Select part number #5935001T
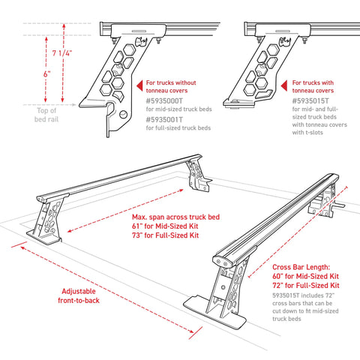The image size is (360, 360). coord(168,118)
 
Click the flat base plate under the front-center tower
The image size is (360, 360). coord(225,315)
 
